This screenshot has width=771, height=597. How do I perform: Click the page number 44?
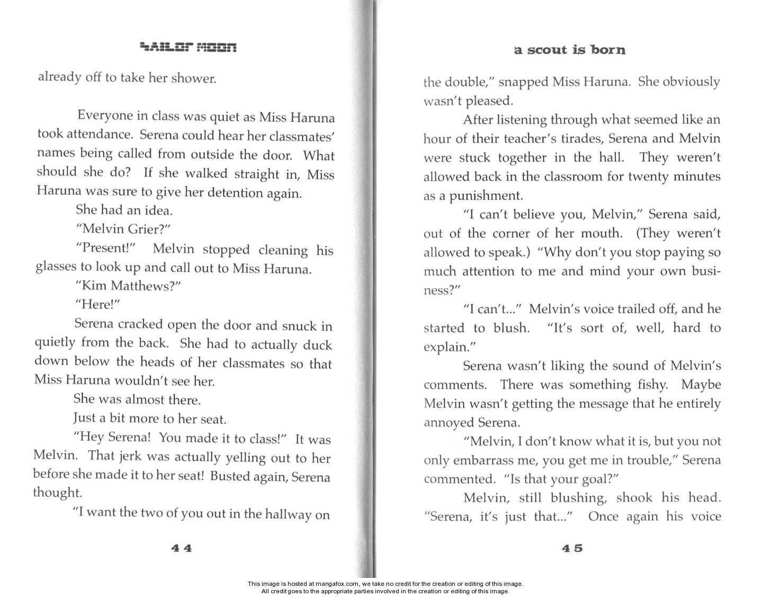point(181,548)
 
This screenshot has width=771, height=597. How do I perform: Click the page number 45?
point(572,548)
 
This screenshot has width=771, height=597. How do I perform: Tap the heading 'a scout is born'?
point(569,50)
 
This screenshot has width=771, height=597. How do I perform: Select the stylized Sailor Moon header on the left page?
point(188,48)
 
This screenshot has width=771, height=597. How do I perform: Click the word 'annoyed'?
point(449,423)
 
